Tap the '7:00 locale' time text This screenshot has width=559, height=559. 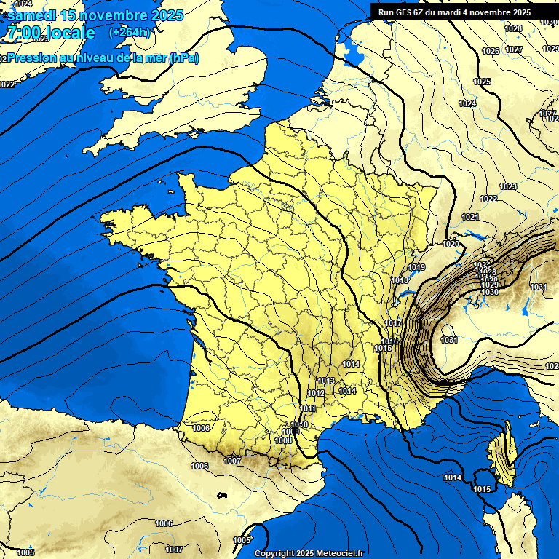coord(51,33)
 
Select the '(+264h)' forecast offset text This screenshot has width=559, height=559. coord(130,33)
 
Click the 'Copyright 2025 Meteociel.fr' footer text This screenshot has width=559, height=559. coord(309,553)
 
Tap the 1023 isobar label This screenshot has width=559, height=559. coord(508,187)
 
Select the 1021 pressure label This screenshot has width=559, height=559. coord(469,218)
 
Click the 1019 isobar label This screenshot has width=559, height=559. coord(416,268)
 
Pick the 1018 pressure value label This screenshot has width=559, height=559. coord(400,280)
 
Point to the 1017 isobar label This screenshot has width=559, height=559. coord(393,323)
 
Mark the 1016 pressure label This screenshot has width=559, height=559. coord(389,341)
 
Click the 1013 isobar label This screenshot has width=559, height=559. coord(325,381)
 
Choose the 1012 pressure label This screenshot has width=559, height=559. coord(316,393)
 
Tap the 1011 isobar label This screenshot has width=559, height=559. coord(307,409)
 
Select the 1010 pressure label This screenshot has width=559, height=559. coord(299,424)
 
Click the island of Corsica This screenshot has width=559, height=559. coord(501,459)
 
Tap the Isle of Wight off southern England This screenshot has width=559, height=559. coord(194,132)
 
